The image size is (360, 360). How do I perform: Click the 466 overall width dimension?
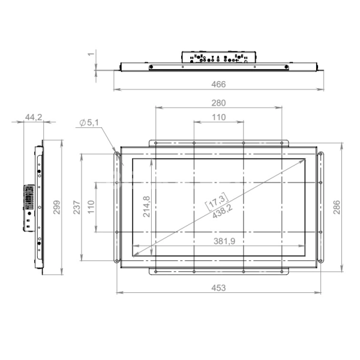click(218, 84)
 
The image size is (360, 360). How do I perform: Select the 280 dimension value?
click(218, 103)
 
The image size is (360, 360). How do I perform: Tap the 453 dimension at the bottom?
click(218, 288)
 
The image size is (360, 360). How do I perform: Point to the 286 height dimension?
click(337, 207)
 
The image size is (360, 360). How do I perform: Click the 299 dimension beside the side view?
click(57, 207)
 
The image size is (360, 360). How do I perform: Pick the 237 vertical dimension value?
click(77, 207)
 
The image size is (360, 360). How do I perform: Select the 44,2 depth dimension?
click(34, 117)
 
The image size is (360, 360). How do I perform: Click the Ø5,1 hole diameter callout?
click(89, 123)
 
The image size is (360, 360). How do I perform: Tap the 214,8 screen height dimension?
click(146, 206)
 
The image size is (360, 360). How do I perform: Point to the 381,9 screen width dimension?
click(224, 241)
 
